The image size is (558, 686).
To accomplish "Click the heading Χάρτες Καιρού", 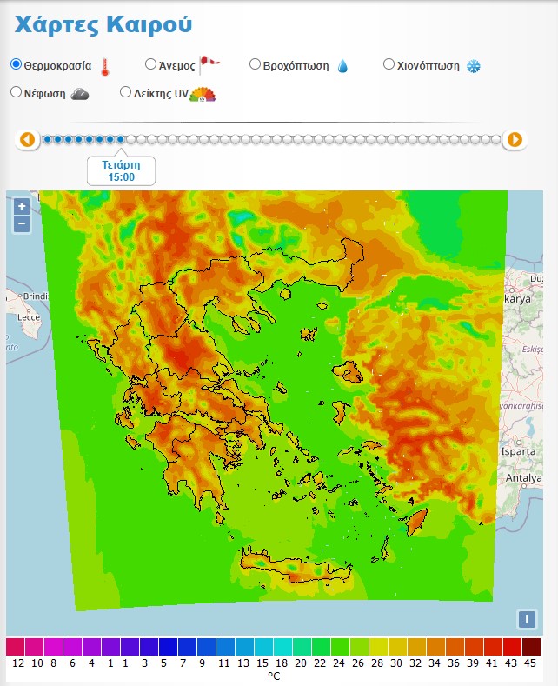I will (103, 25).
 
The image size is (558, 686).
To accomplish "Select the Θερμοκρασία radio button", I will (16, 64).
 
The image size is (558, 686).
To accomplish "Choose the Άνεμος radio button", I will (150, 64).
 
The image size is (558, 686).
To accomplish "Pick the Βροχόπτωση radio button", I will (255, 64).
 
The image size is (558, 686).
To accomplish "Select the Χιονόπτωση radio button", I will (389, 64).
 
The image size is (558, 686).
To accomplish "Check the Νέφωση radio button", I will (16, 92).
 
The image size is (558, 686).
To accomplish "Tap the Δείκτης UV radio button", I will (125, 92).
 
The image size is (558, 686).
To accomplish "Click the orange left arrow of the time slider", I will (28, 139).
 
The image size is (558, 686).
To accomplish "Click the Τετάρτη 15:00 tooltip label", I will (122, 170).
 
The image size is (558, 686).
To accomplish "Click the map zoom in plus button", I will (22, 207).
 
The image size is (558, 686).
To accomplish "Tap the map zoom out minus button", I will (22, 223).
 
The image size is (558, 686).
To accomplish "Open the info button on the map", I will (526, 619).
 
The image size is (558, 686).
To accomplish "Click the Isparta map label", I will (521, 452).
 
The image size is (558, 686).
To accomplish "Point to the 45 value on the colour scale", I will (530, 663).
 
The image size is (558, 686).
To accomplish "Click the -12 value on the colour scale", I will (15, 663).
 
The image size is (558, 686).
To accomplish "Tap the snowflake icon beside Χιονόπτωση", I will (474, 66).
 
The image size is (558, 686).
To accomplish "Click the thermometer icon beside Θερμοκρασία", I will (105, 66).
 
